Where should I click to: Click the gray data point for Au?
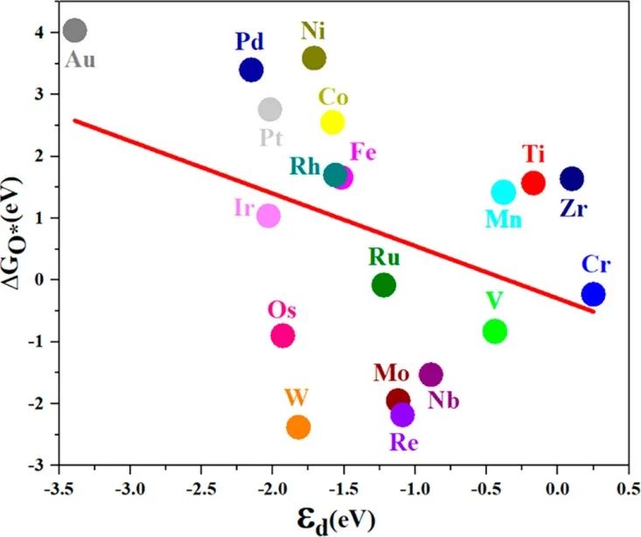coord(75,31)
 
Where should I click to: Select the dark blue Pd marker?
coord(251,70)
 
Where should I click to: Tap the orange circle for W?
coord(298,427)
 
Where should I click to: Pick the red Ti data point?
coord(533,182)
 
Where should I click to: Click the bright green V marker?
coord(495,331)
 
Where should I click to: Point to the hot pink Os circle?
coord(283,335)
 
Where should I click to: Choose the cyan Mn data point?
coord(504,192)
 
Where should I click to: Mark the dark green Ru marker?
coord(384,285)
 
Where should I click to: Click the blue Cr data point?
coord(594,294)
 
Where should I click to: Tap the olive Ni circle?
coord(314,59)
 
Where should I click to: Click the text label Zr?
coord(575,210)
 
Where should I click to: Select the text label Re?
coord(404,442)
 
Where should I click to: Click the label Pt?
coord(270,137)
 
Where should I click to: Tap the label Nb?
coord(444,401)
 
